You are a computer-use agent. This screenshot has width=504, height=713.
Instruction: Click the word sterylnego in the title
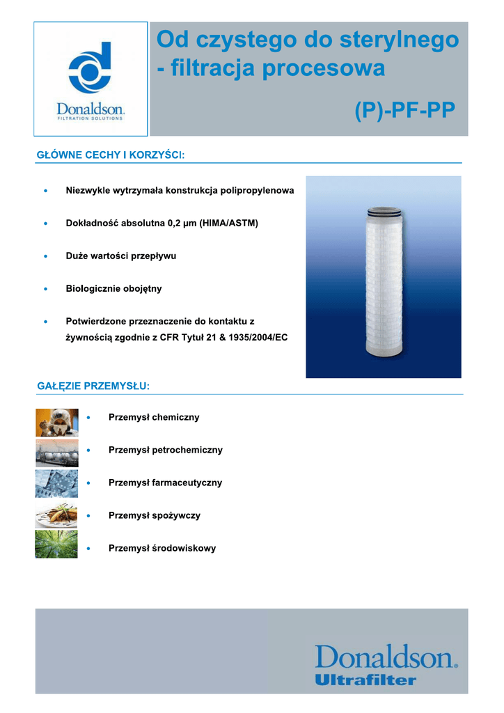tap(397, 40)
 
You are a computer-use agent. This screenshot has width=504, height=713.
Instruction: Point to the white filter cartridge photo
tap(384, 276)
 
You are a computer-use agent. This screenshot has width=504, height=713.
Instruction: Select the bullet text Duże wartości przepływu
tap(120, 256)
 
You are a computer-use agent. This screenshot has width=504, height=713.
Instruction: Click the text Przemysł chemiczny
tap(154, 417)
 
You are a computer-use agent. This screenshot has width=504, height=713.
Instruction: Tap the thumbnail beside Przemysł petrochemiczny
tap(56, 453)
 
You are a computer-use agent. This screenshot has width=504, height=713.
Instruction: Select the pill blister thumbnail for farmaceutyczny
tap(56, 484)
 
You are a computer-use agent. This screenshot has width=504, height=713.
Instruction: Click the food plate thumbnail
tap(56, 515)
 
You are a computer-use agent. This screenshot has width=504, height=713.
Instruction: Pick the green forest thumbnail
tap(56, 544)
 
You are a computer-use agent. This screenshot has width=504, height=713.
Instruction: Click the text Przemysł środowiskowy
tap(162, 548)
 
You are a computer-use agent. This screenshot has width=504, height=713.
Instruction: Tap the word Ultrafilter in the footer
tap(365, 679)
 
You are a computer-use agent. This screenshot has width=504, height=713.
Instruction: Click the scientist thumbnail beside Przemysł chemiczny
tap(56, 423)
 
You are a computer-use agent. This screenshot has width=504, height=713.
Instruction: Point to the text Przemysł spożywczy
tap(154, 515)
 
